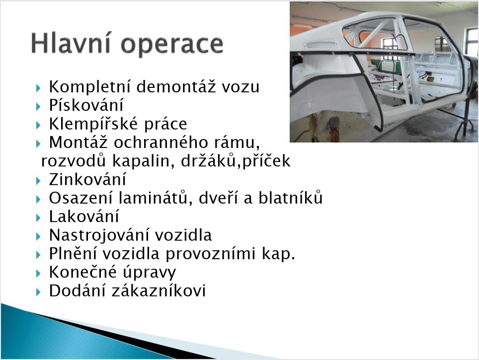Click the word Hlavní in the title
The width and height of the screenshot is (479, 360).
tap(71, 43)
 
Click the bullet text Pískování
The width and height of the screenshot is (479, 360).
tap(86, 105)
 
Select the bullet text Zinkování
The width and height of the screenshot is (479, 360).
tap(87, 180)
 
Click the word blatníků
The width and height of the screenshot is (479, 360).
tap(291, 198)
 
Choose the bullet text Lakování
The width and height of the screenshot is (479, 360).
tap(84, 216)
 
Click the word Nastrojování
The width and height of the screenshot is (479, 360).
tap(99, 235)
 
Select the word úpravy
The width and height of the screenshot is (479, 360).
tap(150, 273)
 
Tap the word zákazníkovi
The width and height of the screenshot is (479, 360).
tap(159, 290)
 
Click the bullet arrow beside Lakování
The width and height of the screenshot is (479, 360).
tap(38, 217)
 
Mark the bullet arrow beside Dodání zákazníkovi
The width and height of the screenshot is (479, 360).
tap(38, 292)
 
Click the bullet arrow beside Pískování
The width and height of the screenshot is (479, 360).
tap(38, 107)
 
